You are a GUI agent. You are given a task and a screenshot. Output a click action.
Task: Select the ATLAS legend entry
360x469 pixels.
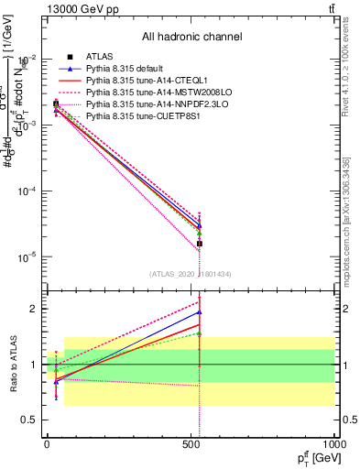coord(100,58)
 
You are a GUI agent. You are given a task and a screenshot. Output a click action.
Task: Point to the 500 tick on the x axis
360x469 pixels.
coord(191,442)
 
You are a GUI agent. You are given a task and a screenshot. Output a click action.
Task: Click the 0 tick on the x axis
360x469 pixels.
coord(47,442)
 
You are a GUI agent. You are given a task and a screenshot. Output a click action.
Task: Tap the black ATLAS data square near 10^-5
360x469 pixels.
coord(199,244)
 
